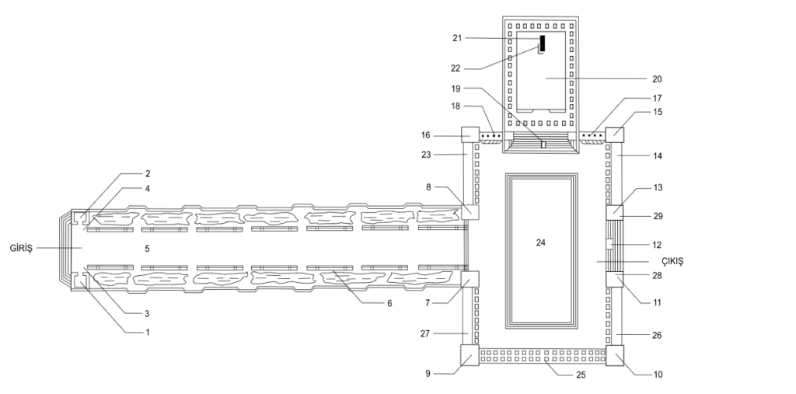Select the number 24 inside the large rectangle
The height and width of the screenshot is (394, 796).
pyautogui.click(x=541, y=242)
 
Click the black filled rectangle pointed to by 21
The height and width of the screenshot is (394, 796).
pyautogui.click(x=542, y=44)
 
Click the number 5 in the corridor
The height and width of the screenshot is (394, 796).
pyautogui.click(x=146, y=248)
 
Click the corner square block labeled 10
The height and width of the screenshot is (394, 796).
pyautogui.click(x=615, y=355)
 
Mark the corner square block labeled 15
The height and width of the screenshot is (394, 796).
pyautogui.click(x=615, y=134)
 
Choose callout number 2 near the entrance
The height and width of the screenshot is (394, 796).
pyautogui.click(x=147, y=173)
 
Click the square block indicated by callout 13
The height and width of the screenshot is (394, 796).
pyautogui.click(x=615, y=211)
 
